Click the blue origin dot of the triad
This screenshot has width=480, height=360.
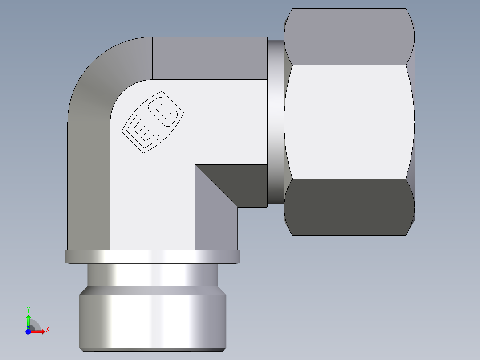coord(28,331)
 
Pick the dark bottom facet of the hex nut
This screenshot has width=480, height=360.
coord(347,207)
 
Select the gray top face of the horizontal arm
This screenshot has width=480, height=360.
coord(209,58)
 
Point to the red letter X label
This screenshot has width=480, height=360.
coord(47,330)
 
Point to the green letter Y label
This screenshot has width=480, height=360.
coord(28,310)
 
